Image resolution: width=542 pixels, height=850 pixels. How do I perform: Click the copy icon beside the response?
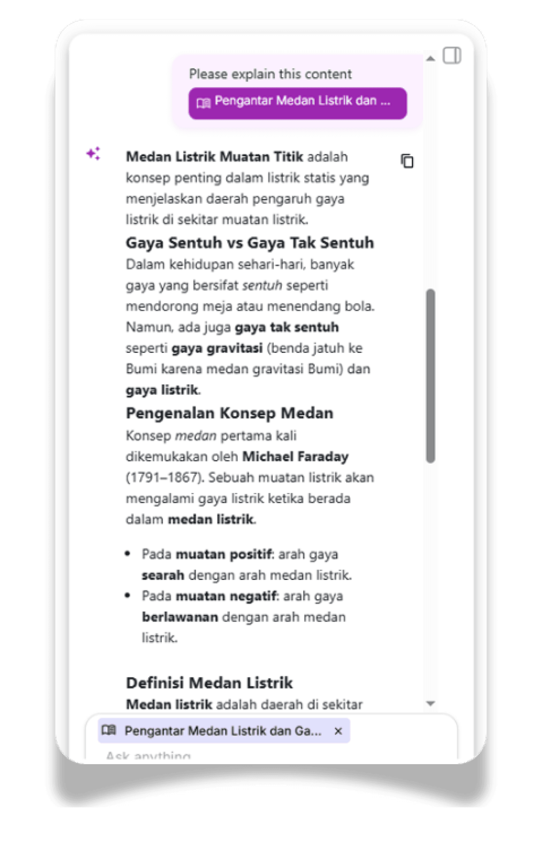tap(407, 161)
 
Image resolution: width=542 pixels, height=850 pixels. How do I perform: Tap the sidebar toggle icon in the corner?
tap(452, 56)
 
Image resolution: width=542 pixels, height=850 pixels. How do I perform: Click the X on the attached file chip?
tap(338, 731)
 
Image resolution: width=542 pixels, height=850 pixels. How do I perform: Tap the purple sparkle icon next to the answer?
tap(94, 154)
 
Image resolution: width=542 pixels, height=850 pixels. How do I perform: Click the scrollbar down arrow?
tap(431, 703)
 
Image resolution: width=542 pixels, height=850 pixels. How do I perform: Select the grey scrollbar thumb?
tap(431, 376)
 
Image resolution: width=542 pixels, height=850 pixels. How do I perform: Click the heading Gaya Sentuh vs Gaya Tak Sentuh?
tap(250, 243)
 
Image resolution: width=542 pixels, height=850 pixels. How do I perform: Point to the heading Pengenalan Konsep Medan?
tap(230, 413)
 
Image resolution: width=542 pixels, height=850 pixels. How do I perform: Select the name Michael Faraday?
tap(295, 456)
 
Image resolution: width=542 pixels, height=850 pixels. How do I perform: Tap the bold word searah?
tap(163, 575)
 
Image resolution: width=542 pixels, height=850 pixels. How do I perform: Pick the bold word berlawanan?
tap(180, 617)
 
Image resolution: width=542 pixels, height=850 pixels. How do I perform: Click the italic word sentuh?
tap(262, 285)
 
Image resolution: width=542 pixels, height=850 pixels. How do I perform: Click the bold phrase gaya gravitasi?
tap(217, 348)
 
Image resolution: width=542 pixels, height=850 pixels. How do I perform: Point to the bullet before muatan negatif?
tap(128, 596)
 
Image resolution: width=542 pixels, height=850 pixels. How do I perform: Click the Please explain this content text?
tap(270, 74)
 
